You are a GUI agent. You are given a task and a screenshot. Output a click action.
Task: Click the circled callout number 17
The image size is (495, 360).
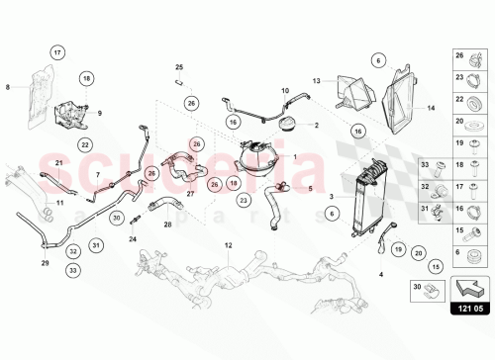pos(57,51)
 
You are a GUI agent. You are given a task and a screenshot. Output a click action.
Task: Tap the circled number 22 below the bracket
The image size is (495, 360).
pos(86,144)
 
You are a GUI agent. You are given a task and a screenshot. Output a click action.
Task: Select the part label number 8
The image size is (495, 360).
pos(9,87)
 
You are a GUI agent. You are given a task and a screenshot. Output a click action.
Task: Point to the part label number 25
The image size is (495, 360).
pos(180,67)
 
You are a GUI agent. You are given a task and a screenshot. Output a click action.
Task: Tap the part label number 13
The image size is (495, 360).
pos(318,80)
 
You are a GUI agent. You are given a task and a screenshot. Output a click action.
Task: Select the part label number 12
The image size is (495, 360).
pos(228,243)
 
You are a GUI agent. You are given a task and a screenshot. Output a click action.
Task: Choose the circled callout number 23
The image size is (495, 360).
pos(243,200)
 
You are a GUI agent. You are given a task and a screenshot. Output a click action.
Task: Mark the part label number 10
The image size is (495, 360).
pos(284,91)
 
